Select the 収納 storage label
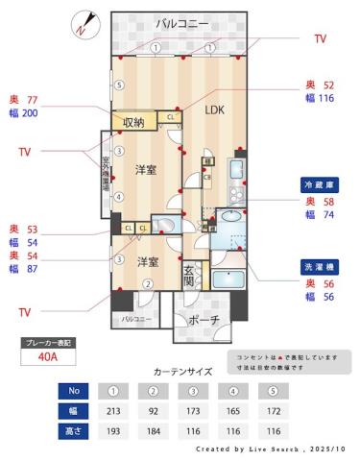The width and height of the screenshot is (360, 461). pos(134,122)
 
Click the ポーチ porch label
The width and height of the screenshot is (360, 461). pos(203,319)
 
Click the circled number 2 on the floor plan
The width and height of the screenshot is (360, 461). pos(148,283)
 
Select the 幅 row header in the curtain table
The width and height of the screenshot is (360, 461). pos(74,411)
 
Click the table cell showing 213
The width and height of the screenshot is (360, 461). pos(113,411)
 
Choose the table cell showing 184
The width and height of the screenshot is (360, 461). pos(153,431)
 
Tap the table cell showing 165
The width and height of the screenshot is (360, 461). pos(232,411)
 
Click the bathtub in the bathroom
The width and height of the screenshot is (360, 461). pos(230,280)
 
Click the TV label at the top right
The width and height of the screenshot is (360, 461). pos(320,38)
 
